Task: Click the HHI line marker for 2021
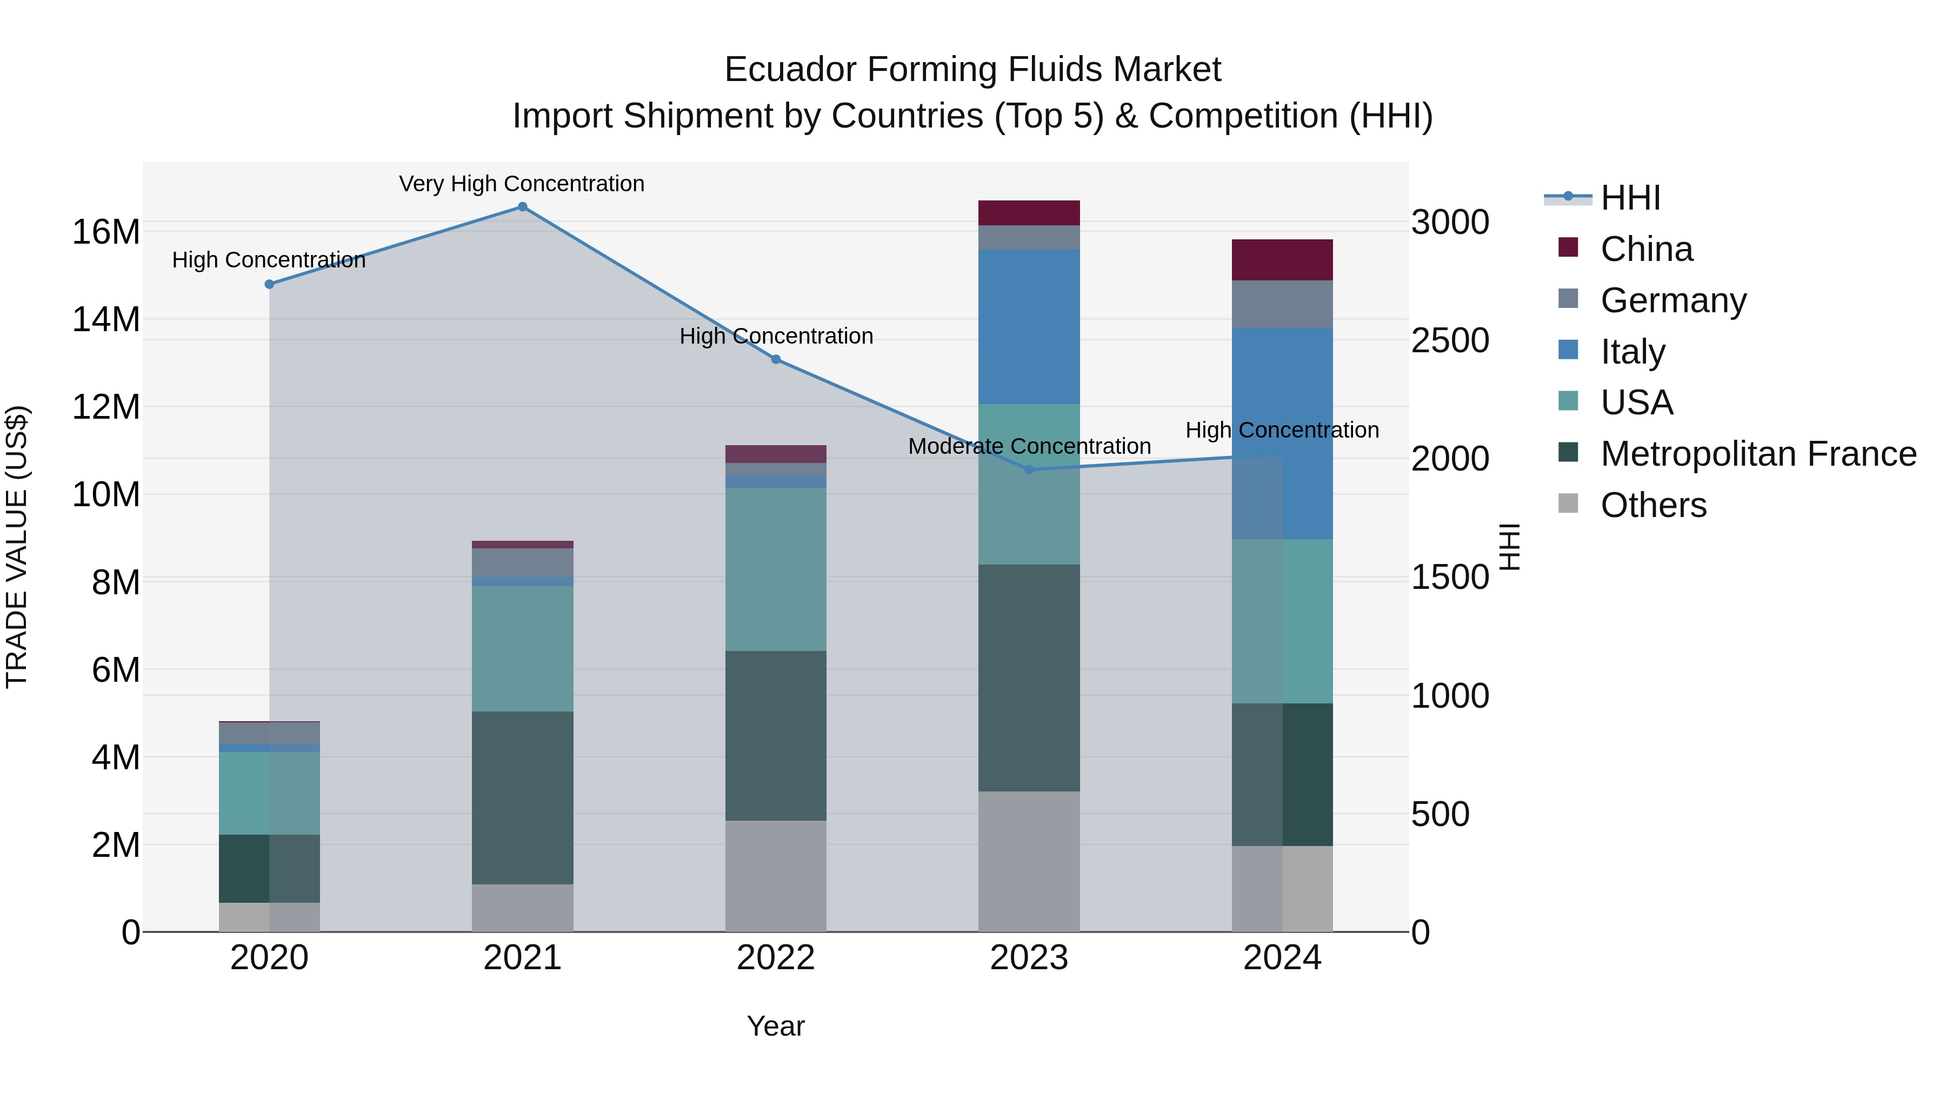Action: point(522,207)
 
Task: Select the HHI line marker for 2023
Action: point(1028,469)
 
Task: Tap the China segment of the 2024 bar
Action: point(1282,260)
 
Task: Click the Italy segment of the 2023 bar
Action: point(1028,326)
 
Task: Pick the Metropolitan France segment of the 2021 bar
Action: point(522,797)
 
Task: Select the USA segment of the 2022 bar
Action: point(775,569)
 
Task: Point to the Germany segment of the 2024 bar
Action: point(1282,304)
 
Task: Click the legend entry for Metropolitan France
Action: point(1758,454)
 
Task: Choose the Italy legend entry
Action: point(1632,352)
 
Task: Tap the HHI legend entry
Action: point(1630,198)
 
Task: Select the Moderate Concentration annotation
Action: point(1029,446)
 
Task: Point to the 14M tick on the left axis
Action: point(106,319)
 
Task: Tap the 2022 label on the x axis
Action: point(775,958)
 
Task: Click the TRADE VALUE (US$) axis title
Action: point(17,547)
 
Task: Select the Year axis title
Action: point(775,1026)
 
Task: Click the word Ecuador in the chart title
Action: point(790,70)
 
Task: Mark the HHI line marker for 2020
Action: point(269,284)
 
